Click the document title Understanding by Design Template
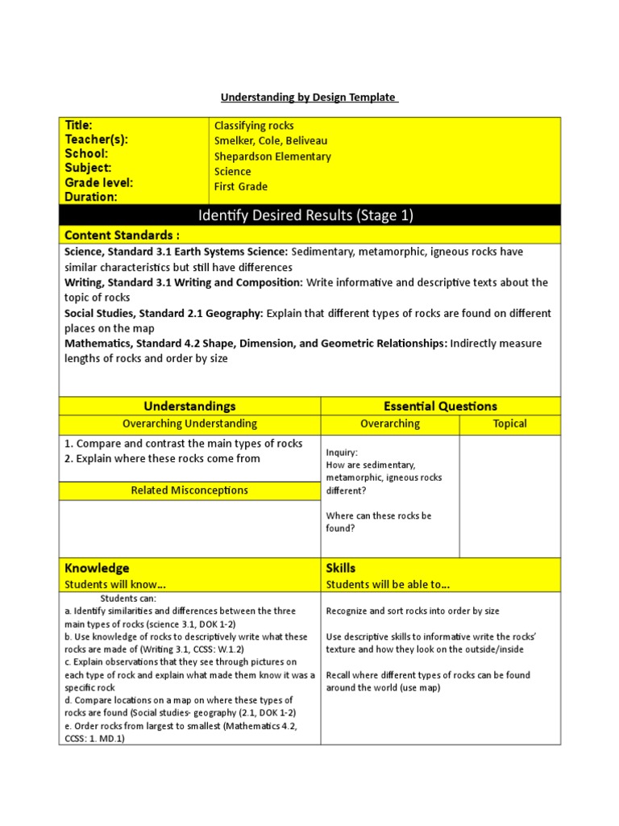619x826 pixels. [x=309, y=98]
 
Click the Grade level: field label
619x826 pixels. [x=98, y=182]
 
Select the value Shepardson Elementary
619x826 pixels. [x=272, y=156]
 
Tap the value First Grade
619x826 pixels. [x=241, y=186]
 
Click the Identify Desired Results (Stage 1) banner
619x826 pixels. [x=309, y=215]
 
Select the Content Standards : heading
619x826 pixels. [x=122, y=235]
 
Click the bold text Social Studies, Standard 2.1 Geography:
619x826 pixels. [x=164, y=313]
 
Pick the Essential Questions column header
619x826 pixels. [x=440, y=406]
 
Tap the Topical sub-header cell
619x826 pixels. [x=509, y=423]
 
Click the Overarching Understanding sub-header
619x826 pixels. [x=189, y=423]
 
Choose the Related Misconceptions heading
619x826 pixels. [x=189, y=490]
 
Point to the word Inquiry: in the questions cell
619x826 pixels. [x=342, y=453]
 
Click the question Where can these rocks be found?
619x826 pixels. [x=378, y=522]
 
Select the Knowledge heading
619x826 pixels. [x=97, y=568]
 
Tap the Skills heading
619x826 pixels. [x=340, y=568]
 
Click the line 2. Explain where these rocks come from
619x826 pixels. [x=162, y=459]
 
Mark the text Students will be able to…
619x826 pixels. [x=388, y=584]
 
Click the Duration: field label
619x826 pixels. [x=91, y=197]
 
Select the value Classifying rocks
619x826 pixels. [x=254, y=126]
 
